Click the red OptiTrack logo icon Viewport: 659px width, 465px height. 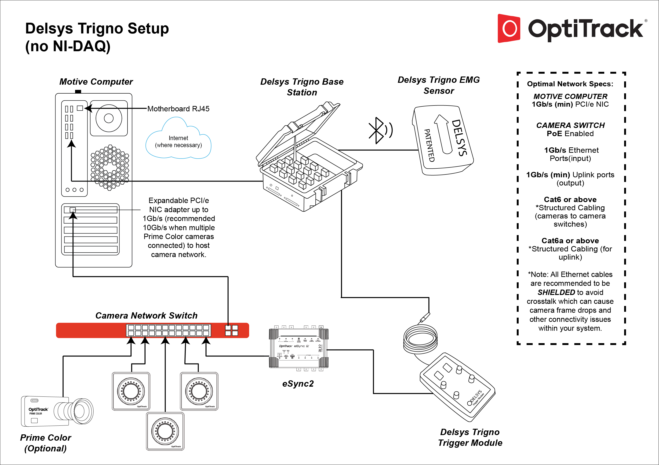tap(509, 28)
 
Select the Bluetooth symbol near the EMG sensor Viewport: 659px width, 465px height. tap(377, 130)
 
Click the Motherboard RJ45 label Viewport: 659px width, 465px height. tap(178, 109)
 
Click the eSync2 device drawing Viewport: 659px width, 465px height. tap(299, 348)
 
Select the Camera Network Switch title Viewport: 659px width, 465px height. tap(146, 316)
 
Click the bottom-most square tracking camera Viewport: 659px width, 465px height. tap(165, 431)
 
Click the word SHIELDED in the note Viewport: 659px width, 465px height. tap(556, 292)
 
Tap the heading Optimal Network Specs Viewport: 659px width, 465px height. tap(570, 84)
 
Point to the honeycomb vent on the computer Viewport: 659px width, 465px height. tap(110, 167)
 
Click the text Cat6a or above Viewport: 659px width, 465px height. tap(570, 240)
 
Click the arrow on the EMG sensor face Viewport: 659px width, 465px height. tap(443, 134)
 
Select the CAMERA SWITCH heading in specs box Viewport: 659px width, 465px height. tap(570, 125)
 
